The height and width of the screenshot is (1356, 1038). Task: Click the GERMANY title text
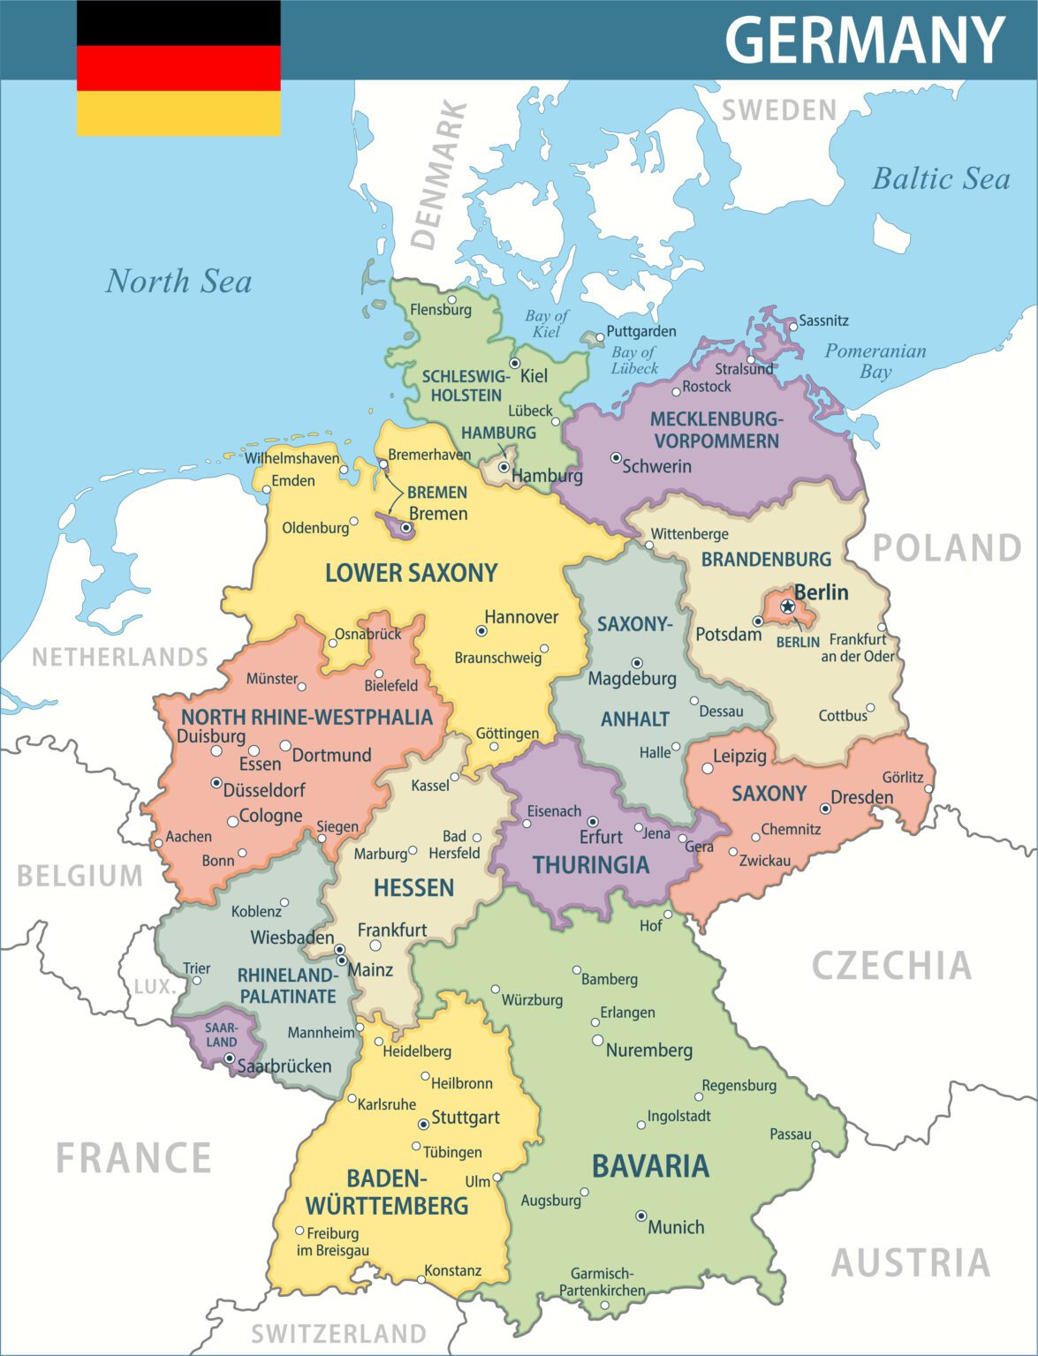[x=864, y=40]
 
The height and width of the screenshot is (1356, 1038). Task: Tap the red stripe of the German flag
[x=178, y=68]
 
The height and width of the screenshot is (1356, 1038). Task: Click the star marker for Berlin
[x=787, y=606]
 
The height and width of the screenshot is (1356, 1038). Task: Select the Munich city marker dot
[x=641, y=1216]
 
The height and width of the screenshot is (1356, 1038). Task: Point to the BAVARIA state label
[x=650, y=1166]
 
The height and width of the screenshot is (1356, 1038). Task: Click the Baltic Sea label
[x=941, y=179]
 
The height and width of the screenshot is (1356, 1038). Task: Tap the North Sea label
[x=178, y=282]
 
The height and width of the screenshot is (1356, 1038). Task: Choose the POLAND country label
[x=947, y=548]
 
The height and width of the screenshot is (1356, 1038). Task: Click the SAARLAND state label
[x=221, y=1035]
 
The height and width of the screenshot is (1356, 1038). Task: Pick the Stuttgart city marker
[x=423, y=1124]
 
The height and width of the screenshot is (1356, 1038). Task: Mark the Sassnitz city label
[x=823, y=320]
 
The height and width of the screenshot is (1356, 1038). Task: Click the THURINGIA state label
[x=590, y=865]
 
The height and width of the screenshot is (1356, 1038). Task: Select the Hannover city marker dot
[x=481, y=631]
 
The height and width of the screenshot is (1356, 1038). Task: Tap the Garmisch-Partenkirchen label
[x=602, y=1282]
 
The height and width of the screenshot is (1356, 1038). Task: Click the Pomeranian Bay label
[x=875, y=360]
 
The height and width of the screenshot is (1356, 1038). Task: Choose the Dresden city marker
[x=825, y=808]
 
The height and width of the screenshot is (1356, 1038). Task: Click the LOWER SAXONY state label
[x=411, y=573]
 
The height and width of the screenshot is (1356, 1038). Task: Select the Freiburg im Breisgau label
[x=332, y=1241]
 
